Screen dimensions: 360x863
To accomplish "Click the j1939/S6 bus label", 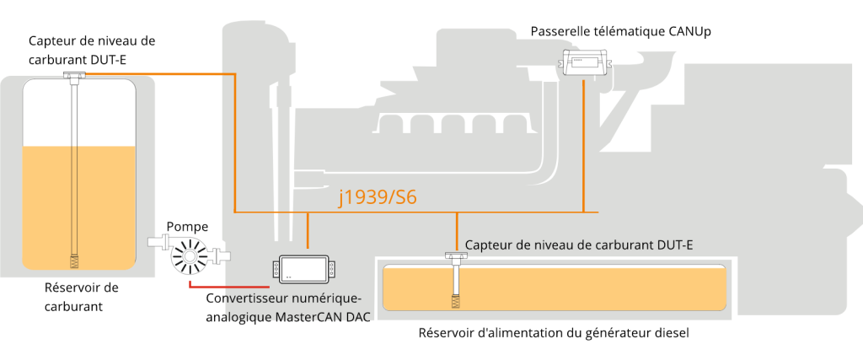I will pyautogui.click(x=378, y=197).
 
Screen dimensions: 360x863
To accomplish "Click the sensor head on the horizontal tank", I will pyautogui.click(x=457, y=255).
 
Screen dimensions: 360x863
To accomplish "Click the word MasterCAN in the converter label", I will pyautogui.click(x=306, y=317).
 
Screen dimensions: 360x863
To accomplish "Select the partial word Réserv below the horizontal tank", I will pyautogui.click(x=438, y=332).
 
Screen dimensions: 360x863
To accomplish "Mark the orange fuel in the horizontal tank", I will pyautogui.click(x=590, y=287).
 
